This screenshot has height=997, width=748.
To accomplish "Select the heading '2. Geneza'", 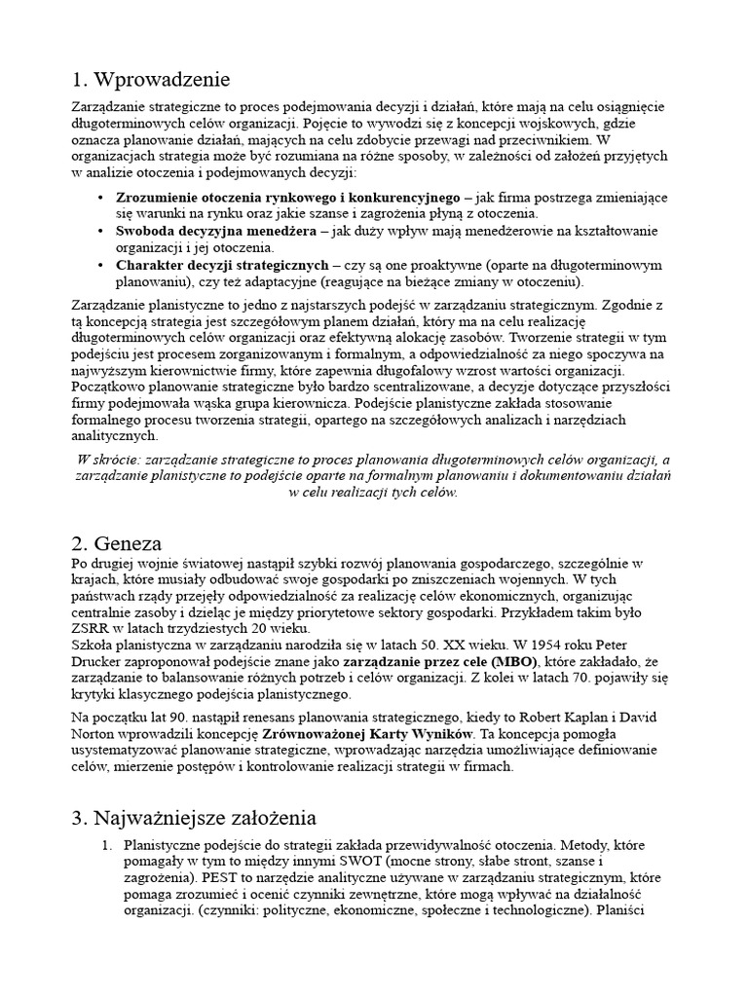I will coord(116,543).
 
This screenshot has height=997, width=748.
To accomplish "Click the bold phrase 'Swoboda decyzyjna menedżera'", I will coord(216,231).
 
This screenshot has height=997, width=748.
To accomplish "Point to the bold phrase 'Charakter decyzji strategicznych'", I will coord(222,265).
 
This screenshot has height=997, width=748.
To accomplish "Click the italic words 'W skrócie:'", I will coord(107,459).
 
